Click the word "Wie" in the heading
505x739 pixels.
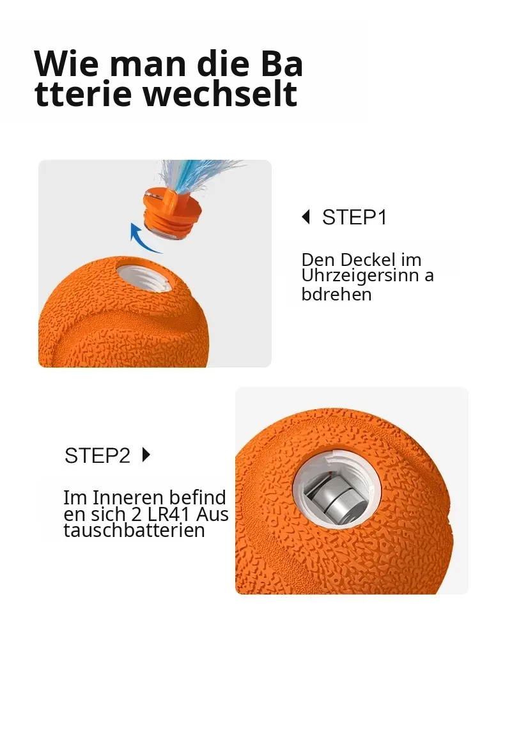(66, 63)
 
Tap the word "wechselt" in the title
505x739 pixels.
(221, 93)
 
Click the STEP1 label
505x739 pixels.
(354, 217)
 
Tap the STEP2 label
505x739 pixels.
(97, 455)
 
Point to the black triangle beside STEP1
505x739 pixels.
(306, 217)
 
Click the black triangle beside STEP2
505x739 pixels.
(146, 455)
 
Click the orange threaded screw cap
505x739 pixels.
(173, 212)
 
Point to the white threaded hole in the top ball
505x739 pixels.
(144, 274)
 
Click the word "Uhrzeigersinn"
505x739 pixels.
(361, 276)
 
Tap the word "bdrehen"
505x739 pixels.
(336, 294)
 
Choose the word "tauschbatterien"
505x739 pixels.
(134, 530)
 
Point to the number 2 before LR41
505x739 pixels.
(137, 514)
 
